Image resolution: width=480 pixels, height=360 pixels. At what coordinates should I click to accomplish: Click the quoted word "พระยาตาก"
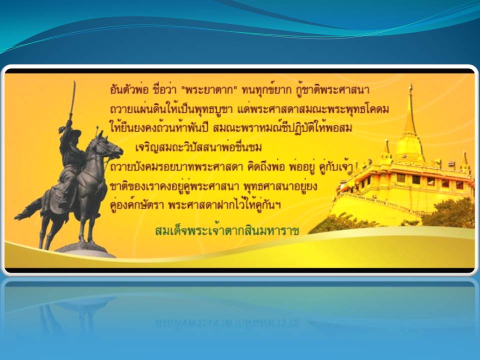(209, 89)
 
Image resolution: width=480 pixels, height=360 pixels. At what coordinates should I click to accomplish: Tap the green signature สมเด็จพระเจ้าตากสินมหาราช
(227, 230)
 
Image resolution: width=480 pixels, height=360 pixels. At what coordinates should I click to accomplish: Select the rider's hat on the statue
(74, 132)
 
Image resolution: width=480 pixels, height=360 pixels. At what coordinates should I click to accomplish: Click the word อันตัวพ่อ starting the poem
(129, 89)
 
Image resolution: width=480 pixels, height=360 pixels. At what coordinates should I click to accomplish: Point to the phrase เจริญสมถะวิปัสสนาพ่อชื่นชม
(198, 147)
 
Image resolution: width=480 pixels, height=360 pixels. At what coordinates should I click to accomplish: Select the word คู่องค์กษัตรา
(136, 205)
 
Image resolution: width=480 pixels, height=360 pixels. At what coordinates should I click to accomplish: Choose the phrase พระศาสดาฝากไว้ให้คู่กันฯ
(224, 205)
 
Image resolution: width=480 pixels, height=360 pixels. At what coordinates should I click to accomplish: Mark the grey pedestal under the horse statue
(85, 250)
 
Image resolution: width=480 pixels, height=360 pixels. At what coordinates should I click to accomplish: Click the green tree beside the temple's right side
(448, 213)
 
